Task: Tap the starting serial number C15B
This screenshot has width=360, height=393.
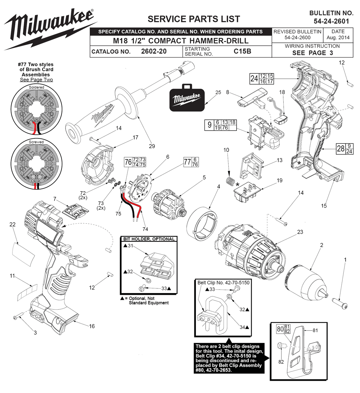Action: click(x=242, y=51)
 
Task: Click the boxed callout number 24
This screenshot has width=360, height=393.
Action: click(x=254, y=78)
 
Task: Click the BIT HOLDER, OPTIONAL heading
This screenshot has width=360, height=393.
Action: click(x=149, y=239)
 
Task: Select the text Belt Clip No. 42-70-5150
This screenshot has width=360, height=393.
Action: click(x=223, y=283)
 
